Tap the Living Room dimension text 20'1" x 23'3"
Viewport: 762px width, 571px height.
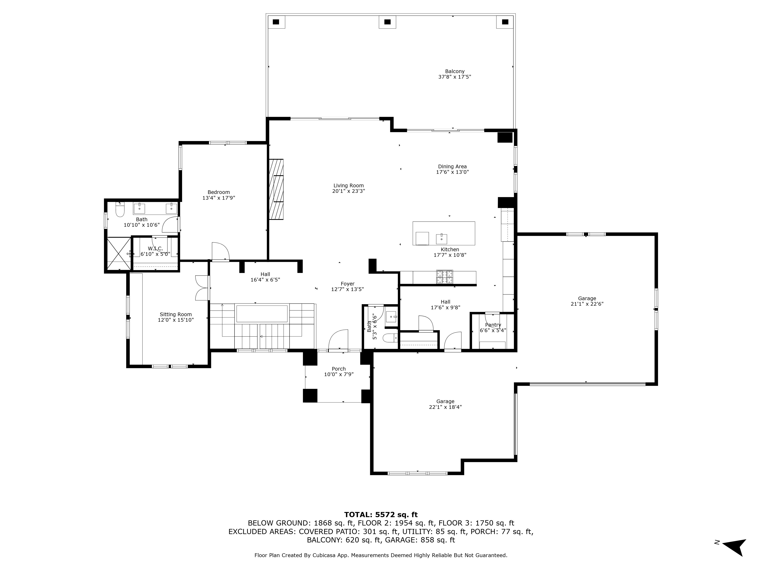[x=349, y=191]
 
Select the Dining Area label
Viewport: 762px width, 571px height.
[x=452, y=167]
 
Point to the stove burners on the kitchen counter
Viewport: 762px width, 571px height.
[x=445, y=277]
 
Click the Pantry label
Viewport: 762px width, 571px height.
[x=493, y=325]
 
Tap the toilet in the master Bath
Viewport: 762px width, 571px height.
[x=119, y=210]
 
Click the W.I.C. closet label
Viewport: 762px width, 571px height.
[x=155, y=249]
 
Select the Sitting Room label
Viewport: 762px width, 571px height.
[x=176, y=314]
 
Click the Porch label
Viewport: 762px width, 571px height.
[x=339, y=369]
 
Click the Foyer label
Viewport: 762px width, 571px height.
[x=348, y=284]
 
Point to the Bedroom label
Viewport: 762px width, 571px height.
[x=218, y=192]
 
